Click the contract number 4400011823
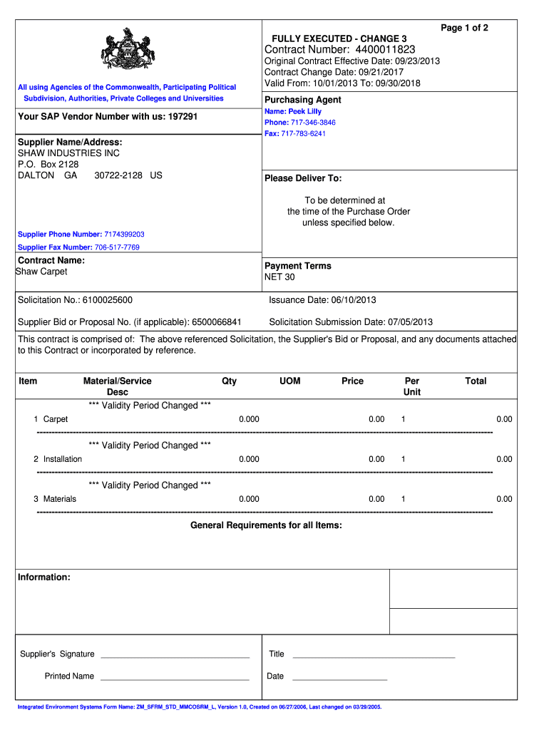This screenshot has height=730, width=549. pyautogui.click(x=384, y=49)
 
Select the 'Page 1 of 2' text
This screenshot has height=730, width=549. pyautogui.click(x=464, y=28)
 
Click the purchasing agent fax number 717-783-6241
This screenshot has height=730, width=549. pyautogui.click(x=303, y=133)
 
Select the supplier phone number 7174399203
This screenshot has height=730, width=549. pyautogui.click(x=124, y=235)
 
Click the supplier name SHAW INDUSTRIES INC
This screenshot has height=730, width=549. pyautogui.click(x=68, y=153)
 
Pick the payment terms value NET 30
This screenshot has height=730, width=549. pyautogui.click(x=279, y=277)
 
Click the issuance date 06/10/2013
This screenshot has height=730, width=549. pyautogui.click(x=352, y=300)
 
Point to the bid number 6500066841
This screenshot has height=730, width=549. pyautogui.click(x=217, y=322)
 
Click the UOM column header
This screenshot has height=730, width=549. pyautogui.click(x=290, y=381)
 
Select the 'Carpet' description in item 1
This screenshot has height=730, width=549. pyautogui.click(x=56, y=419)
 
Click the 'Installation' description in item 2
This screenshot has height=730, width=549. pyautogui.click(x=63, y=459)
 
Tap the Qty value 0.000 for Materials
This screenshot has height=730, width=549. pyautogui.click(x=249, y=499)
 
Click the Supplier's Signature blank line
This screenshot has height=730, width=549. pyautogui.click(x=175, y=655)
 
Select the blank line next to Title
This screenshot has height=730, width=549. pyautogui.click(x=374, y=655)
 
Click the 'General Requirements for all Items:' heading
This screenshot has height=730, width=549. pyautogui.click(x=266, y=525)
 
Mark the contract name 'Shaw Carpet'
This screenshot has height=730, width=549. pyautogui.click(x=41, y=272)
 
